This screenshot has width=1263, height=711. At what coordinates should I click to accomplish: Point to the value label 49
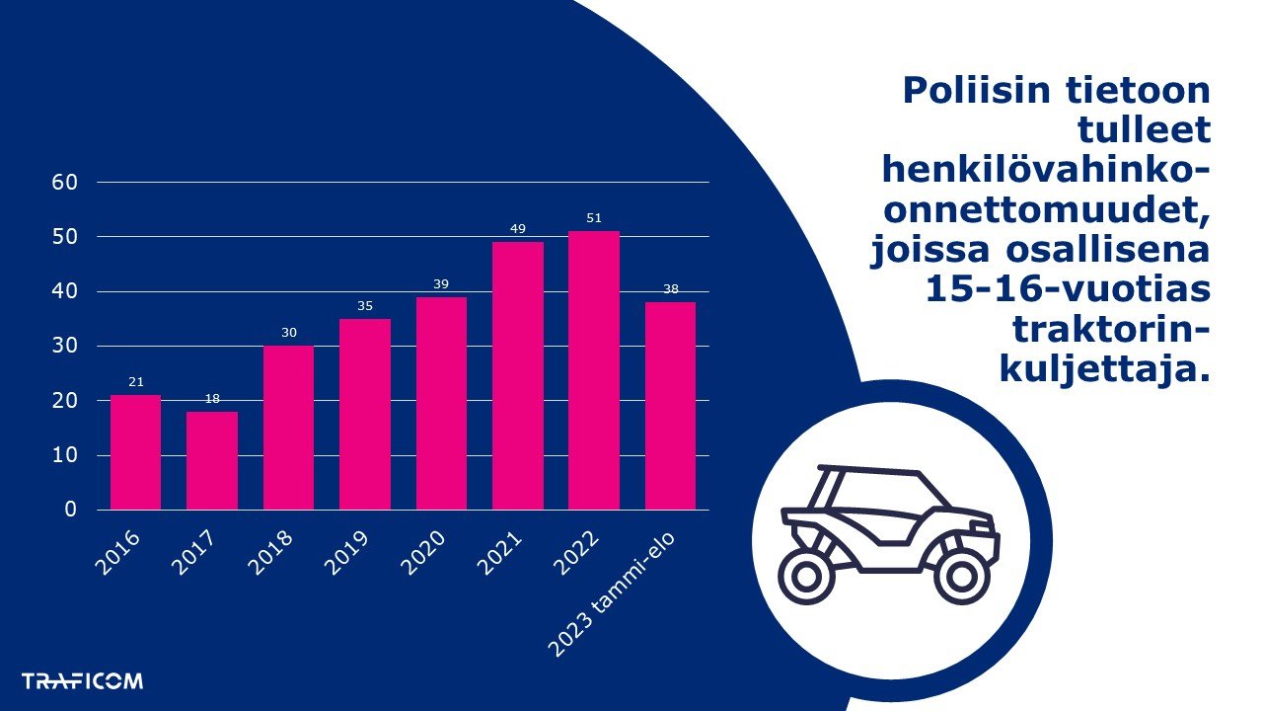[x=518, y=229]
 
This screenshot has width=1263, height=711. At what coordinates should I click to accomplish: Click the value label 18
[x=212, y=399]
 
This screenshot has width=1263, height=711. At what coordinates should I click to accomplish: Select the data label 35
[x=365, y=306]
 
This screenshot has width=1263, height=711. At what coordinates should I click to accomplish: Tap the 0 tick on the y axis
[x=71, y=510]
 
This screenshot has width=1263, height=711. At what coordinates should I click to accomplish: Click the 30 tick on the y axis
[x=64, y=347]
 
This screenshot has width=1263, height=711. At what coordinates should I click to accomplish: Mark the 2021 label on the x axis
[x=503, y=553]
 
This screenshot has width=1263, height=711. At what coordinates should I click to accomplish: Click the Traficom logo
[x=82, y=681]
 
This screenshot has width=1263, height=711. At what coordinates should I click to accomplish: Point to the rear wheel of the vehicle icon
[x=806, y=577]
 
